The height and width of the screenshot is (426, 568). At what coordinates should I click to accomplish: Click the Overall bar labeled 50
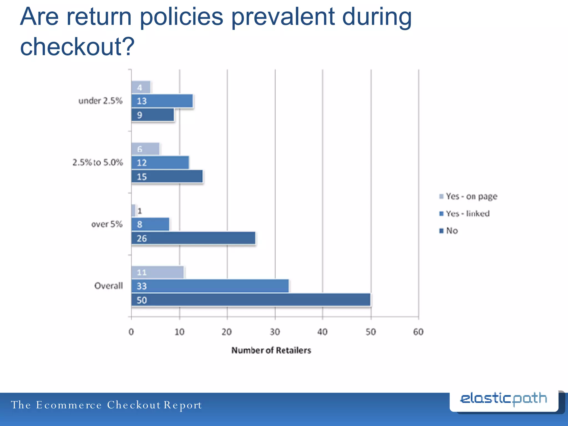251,300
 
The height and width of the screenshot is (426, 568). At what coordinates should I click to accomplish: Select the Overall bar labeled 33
210,286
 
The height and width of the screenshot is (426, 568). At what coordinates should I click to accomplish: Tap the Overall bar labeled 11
157,272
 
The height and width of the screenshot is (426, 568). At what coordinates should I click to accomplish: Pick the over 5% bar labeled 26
193,238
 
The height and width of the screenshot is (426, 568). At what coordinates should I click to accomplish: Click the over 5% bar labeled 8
150,224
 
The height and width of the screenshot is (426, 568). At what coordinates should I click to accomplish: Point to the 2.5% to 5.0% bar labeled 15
167,177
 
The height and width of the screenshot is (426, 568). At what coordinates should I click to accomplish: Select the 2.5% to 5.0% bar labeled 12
160,163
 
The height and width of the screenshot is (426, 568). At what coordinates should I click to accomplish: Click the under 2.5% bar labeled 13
162,101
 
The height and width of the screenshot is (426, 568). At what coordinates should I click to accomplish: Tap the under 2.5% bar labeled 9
153,115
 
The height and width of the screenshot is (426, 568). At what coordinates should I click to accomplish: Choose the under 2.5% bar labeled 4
141,87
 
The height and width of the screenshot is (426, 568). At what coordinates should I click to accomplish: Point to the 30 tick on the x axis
275,332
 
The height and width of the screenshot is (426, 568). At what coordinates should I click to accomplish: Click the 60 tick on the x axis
418,332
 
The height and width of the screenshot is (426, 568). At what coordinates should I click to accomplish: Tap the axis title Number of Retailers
271,350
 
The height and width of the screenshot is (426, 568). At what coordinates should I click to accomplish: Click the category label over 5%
107,224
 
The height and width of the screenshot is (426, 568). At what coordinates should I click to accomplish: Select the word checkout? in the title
77,47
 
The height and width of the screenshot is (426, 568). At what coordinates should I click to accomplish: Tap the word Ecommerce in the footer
69,405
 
